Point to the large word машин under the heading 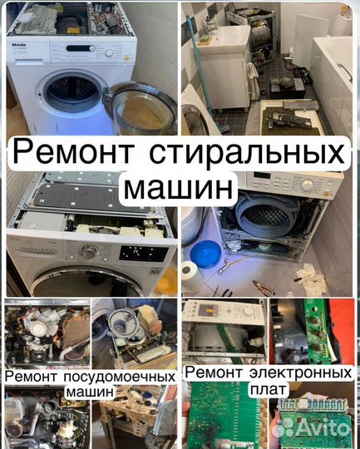[x=180, y=188]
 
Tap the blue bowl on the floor [x=205, y=253]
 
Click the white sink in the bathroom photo [x=218, y=38]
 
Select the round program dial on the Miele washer [x=108, y=52]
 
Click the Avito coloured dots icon [x=288, y=427]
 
